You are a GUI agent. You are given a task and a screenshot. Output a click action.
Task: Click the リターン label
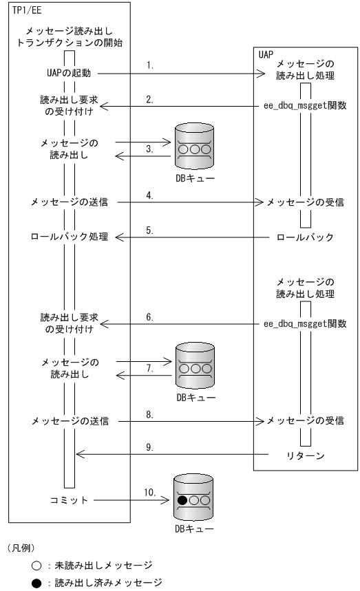pos(306,455)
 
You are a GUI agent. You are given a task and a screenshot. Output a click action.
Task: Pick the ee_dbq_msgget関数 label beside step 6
pos(305,321)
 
